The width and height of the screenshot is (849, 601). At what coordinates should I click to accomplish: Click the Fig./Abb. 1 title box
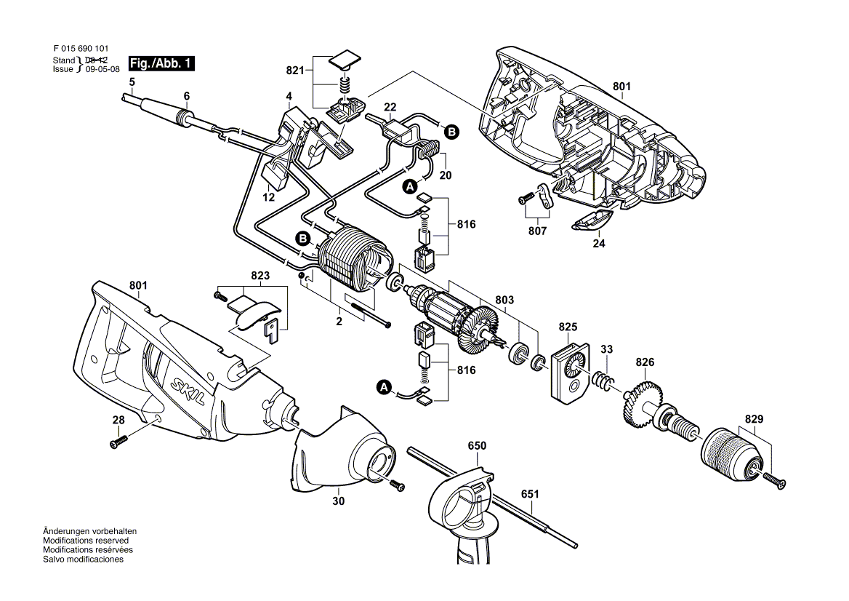click(161, 63)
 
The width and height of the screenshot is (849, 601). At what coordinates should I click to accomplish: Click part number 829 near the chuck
click(754, 419)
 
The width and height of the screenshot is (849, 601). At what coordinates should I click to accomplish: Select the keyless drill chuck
click(733, 455)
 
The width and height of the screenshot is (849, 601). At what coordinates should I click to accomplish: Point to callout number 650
click(477, 445)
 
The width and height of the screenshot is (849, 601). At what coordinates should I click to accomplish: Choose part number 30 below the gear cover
click(339, 501)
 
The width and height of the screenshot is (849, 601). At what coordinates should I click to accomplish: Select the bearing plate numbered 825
click(570, 373)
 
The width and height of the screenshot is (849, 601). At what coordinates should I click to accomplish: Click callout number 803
click(504, 300)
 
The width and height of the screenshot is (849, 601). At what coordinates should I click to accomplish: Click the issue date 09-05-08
click(103, 69)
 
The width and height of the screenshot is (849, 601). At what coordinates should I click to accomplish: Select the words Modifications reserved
click(86, 541)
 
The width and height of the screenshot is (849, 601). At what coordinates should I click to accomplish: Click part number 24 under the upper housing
click(598, 243)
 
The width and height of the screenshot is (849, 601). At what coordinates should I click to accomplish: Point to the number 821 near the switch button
click(295, 71)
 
